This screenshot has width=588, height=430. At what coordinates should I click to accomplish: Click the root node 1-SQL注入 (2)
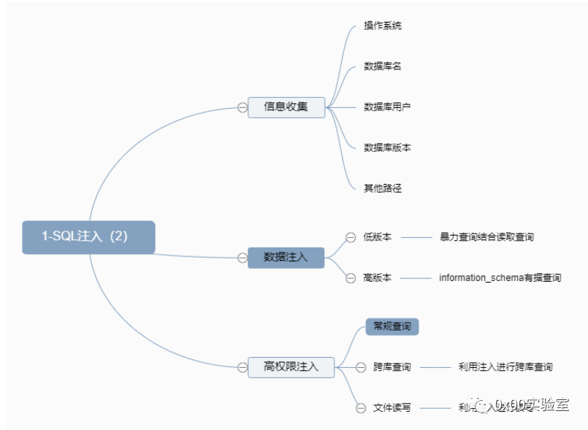88,237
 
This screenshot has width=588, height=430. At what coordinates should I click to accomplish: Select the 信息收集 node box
286,107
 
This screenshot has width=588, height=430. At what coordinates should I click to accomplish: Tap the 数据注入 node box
286,257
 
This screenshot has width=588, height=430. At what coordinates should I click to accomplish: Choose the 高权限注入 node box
291,366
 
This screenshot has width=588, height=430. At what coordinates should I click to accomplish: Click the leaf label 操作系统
383,26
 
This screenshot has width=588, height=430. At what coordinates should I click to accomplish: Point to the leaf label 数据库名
383,66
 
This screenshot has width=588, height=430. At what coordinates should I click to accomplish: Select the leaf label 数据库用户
387,107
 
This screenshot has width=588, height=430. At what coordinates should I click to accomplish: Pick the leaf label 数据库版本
387,147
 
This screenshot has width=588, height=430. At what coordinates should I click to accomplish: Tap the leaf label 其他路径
383,188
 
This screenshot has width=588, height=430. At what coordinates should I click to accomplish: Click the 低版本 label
377,237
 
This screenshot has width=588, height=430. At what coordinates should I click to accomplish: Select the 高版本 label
377,277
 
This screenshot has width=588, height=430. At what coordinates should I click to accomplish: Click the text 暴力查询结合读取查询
486,237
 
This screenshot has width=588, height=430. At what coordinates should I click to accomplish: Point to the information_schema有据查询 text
500,277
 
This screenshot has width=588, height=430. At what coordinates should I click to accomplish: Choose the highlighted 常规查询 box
392,326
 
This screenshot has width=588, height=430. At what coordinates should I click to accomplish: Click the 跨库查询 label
392,367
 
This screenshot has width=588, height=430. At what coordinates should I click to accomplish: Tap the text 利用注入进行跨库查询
505,367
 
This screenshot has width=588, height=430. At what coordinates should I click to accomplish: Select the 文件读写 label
392,407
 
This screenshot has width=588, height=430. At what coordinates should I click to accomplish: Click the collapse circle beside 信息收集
243,107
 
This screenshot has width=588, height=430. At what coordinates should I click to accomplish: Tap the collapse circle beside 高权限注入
243,366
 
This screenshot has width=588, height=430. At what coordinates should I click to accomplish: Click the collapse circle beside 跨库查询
361,367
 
